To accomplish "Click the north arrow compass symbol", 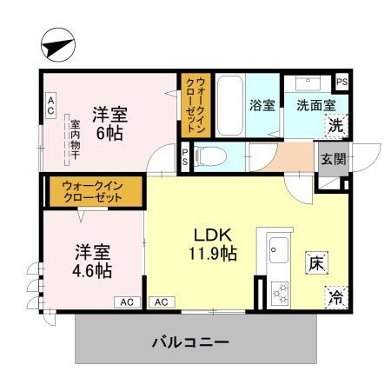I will (x=57, y=45).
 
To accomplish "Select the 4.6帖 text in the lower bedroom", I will (x=92, y=269).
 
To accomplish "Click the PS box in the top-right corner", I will (x=343, y=82).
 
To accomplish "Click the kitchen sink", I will (x=277, y=249).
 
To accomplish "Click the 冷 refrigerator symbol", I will (x=335, y=297).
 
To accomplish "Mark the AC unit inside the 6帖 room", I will (x=50, y=107).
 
